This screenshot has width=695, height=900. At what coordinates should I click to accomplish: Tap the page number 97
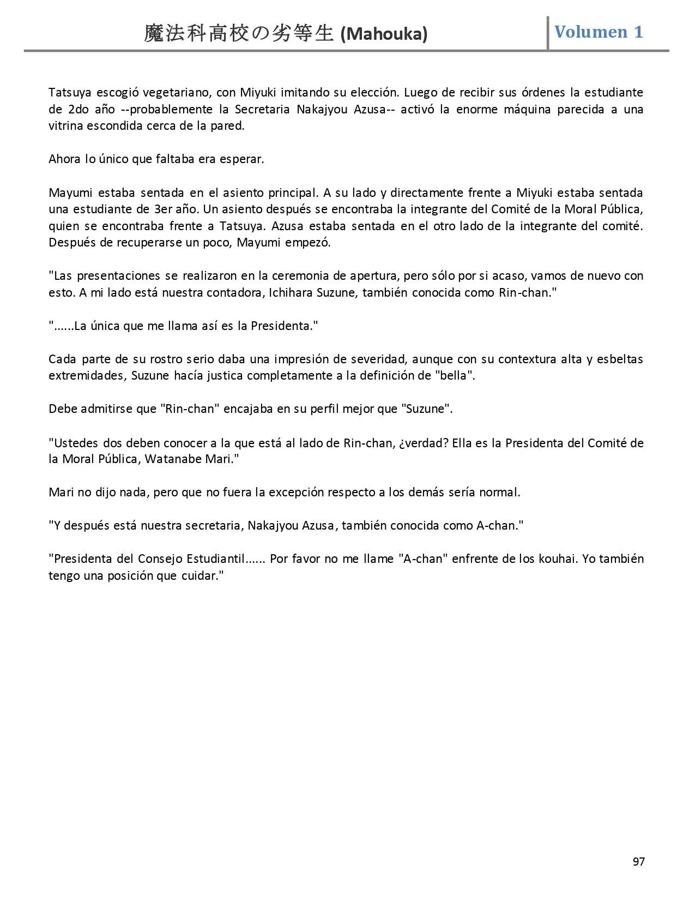click(639, 861)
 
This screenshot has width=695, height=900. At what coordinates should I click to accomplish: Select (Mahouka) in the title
click(384, 34)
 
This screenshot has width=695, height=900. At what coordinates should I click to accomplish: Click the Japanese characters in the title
click(239, 34)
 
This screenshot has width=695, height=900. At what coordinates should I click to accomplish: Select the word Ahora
click(64, 159)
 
